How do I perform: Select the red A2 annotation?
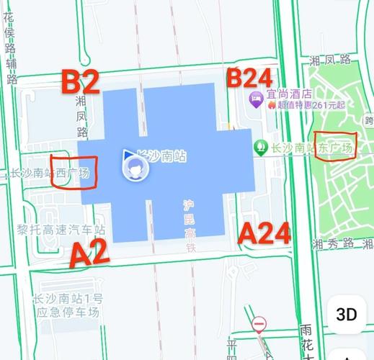[89, 253]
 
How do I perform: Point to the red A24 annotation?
[264, 233]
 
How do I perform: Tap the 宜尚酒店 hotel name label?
[288, 93]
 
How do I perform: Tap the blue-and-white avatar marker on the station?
[133, 168]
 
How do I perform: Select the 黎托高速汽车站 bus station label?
[61, 230]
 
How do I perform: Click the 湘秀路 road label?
[341, 244]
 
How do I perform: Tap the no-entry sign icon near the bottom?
[259, 324]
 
